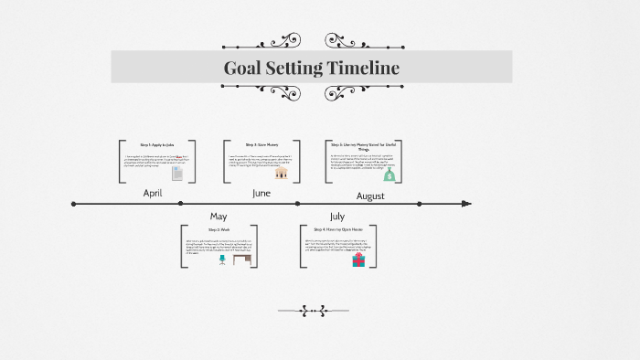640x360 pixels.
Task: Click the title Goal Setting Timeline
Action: pos(311,68)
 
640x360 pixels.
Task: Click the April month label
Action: pos(153,194)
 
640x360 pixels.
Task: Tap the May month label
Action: pos(219,216)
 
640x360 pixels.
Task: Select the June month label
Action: pos(261,193)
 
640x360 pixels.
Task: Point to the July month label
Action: pos(337,216)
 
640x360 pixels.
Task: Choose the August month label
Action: pos(370,196)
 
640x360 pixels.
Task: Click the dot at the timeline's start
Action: pos(74,203)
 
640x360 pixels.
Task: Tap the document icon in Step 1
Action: pos(177,173)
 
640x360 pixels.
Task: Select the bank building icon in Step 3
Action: pos(283,172)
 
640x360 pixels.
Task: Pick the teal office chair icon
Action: pos(221,259)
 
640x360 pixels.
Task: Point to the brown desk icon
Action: pos(240,259)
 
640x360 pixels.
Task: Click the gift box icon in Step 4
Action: pos(358,259)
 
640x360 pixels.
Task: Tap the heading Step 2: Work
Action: pos(219,229)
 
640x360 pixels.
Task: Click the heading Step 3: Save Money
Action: pos(262,144)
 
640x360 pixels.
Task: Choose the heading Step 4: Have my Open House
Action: pos(338,229)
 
